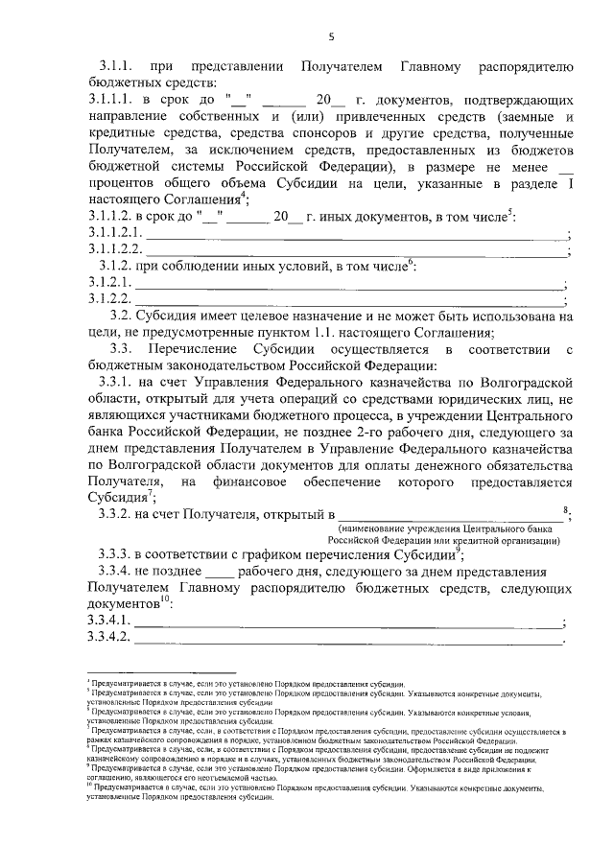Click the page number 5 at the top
pos(331,36)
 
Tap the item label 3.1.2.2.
pos(106,299)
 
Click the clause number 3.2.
pos(121,316)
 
